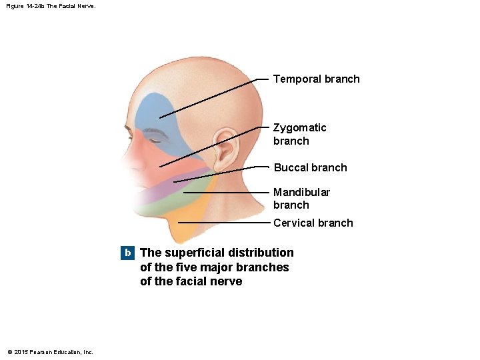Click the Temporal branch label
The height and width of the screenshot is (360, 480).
click(x=316, y=79)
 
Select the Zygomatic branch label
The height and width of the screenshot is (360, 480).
click(x=299, y=134)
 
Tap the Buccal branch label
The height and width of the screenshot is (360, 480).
click(x=310, y=167)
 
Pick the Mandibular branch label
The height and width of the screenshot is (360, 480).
click(x=301, y=198)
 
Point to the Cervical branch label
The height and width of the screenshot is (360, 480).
click(x=313, y=223)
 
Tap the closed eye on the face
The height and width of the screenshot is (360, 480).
click(x=156, y=139)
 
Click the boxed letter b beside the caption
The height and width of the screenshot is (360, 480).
click(x=127, y=253)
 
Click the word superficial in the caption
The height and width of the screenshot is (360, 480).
click(x=194, y=253)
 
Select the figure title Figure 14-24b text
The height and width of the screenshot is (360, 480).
click(x=41, y=6)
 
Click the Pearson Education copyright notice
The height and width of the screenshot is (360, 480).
click(x=50, y=352)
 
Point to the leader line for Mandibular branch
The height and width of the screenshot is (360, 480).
click(x=227, y=192)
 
